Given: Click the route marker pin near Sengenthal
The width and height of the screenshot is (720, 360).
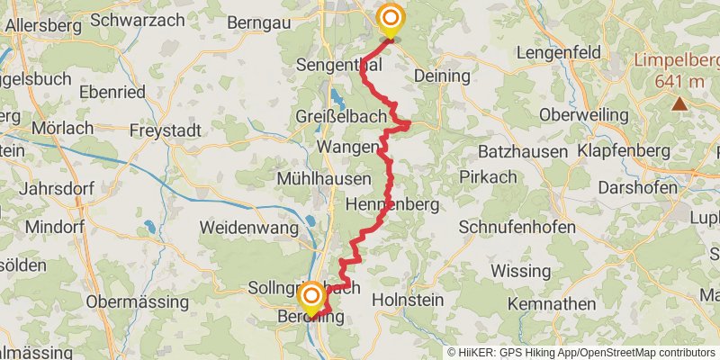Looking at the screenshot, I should [391, 20].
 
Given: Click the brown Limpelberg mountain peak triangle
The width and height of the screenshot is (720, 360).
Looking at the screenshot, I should [679, 103].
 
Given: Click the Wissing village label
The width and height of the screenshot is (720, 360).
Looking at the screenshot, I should [521, 270].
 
